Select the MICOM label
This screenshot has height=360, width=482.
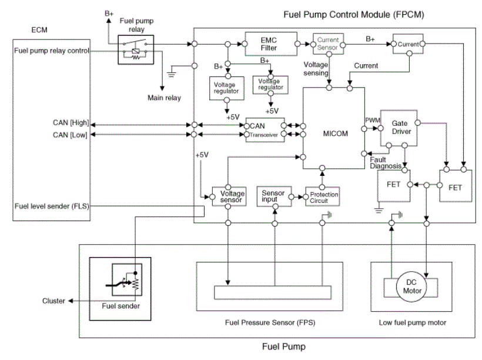coord(336,134)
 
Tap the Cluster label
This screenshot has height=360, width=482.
coord(53,301)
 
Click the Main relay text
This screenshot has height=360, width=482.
coord(164,98)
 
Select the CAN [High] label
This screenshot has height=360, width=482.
coord(71,123)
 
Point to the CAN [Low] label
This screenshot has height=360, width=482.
coord(70,135)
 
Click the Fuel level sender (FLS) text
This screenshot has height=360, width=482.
coord(52,206)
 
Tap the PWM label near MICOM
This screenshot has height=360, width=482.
coord(373,121)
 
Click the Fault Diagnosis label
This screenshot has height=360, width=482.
coord(386,163)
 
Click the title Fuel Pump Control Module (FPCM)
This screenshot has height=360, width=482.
coord(353,15)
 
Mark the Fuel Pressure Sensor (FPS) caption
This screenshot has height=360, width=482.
coord(270,322)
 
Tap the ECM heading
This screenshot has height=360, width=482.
coord(39,30)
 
